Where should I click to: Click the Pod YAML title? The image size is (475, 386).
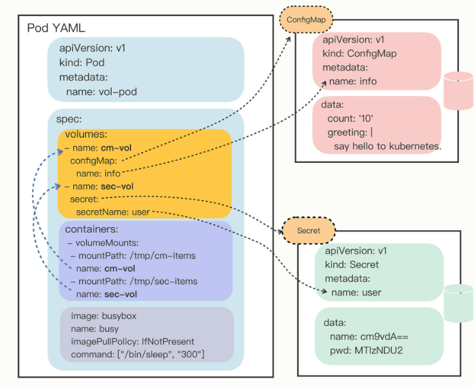56,28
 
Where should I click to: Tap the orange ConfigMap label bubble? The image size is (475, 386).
306,20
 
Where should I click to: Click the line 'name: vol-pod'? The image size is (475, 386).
101,92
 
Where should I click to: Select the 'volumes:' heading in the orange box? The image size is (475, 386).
87,135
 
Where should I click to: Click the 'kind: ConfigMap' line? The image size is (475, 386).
359,53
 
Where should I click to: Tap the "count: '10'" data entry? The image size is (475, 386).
350,119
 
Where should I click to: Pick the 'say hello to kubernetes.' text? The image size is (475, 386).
388,146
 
